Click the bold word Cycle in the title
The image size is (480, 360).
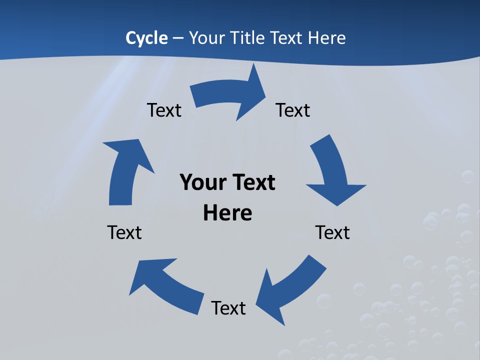click(146, 38)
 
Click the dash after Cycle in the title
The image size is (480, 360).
click(178, 38)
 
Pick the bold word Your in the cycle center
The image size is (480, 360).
click(202, 182)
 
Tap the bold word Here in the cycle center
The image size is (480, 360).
click(227, 213)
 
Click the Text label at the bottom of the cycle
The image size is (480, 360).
click(228, 308)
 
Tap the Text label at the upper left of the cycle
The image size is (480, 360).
click(164, 110)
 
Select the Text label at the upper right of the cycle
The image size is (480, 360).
click(293, 110)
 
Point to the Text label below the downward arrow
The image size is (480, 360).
click(332, 232)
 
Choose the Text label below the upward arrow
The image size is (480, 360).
click(124, 232)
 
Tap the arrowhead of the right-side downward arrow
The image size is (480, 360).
click(336, 192)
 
